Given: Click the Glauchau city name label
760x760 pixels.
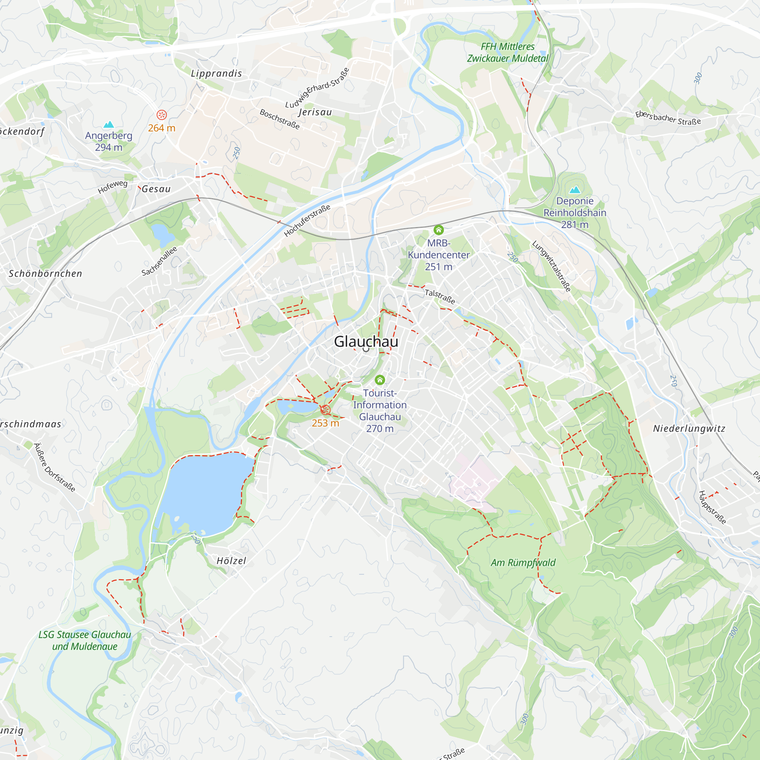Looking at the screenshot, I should [x=366, y=342].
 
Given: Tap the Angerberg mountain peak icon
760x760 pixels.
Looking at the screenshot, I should [x=109, y=125].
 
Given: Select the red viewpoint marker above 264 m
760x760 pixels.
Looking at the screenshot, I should [x=161, y=115].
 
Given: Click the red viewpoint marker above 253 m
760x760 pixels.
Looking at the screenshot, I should [x=325, y=410].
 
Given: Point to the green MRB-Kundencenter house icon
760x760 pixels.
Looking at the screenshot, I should [x=439, y=230].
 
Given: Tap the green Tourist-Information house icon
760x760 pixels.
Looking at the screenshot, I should [x=380, y=380].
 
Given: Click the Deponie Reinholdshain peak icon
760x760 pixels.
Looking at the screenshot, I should [x=575, y=190].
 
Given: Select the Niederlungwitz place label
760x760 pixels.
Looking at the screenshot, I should [x=689, y=429].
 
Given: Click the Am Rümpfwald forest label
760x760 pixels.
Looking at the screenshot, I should [x=523, y=562].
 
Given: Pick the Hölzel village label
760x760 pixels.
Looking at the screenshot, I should [x=231, y=561].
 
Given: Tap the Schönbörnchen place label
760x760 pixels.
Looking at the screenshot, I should [x=46, y=274].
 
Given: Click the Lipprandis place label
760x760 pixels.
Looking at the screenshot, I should [x=216, y=74].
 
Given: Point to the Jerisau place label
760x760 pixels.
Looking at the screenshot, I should [x=315, y=112].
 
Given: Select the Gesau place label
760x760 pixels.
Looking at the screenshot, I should [x=156, y=189].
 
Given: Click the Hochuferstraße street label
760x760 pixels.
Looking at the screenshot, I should [x=307, y=221].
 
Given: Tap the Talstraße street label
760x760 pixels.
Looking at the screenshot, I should [x=440, y=296].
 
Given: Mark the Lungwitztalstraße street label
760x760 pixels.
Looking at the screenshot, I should [x=551, y=266].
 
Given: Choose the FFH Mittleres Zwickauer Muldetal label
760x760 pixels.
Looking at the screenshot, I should [x=507, y=52].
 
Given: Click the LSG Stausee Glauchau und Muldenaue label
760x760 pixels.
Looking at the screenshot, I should [x=85, y=640].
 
